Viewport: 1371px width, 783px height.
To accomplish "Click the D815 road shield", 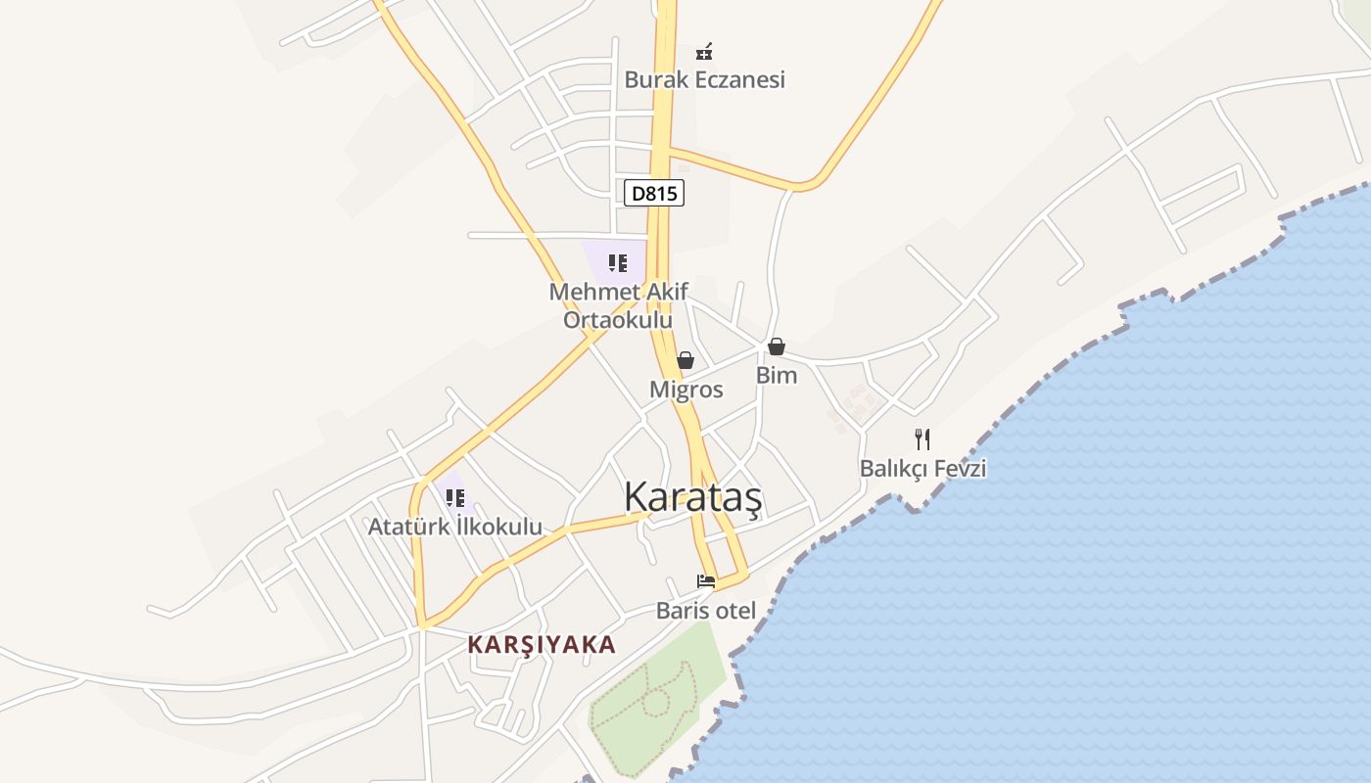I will tap(653, 193).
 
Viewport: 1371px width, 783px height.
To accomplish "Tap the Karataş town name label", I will tap(692, 497).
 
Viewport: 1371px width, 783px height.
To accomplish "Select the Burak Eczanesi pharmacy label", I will tap(704, 79).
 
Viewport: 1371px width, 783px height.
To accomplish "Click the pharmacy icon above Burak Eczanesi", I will tap(703, 50).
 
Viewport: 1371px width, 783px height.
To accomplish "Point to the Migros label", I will tap(685, 390).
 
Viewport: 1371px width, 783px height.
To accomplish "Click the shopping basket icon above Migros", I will tap(685, 360).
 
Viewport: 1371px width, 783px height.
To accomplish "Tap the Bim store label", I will tap(776, 375).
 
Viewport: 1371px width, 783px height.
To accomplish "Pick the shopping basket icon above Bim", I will tap(776, 346).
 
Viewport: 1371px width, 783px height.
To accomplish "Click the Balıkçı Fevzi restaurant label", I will tap(922, 469).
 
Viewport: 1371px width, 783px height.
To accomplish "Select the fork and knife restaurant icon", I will tap(922, 438).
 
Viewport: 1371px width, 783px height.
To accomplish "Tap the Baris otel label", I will tap(705, 611).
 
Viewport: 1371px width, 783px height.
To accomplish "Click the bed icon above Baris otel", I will tap(705, 581).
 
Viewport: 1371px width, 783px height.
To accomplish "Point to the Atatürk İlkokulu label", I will tap(454, 527).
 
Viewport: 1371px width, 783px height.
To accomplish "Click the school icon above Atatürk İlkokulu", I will tap(454, 497).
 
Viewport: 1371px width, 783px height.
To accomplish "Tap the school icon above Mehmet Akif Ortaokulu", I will tap(617, 262).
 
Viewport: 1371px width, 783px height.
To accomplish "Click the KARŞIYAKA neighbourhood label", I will tap(542, 644).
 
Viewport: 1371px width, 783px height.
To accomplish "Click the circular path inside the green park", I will tap(655, 701).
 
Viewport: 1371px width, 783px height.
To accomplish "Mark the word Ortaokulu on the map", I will tap(618, 320).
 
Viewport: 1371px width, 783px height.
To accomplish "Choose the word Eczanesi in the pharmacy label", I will tap(740, 79).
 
